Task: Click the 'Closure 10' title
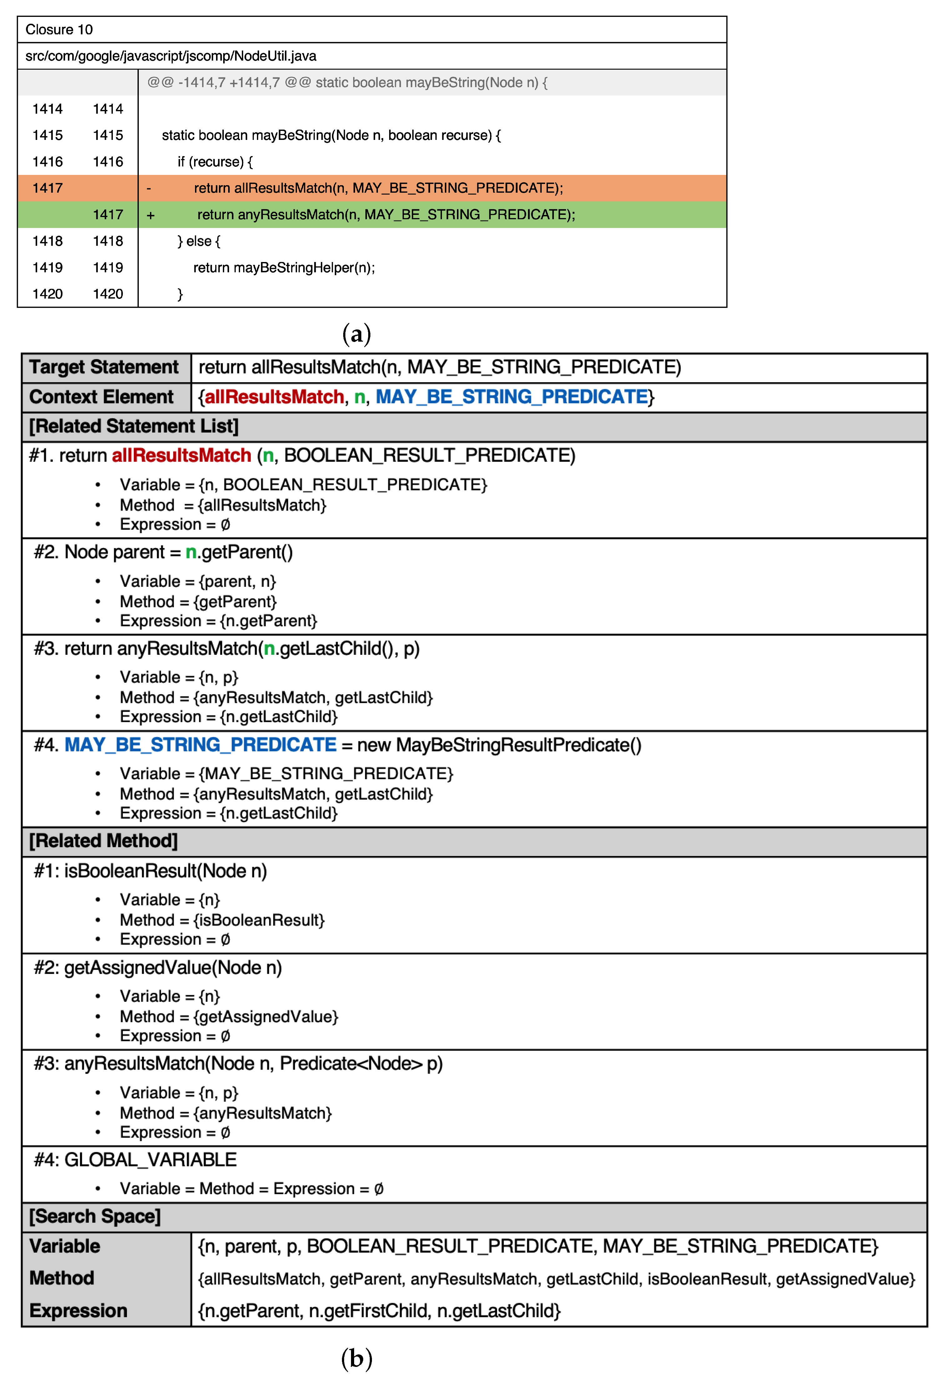pyautogui.click(x=59, y=30)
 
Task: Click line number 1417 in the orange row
pyautogui.click(x=48, y=188)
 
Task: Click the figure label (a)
pyautogui.click(x=357, y=334)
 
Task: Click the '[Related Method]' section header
pyautogui.click(x=103, y=841)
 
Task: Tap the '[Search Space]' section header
pyautogui.click(x=95, y=1216)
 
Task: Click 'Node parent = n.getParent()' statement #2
pyautogui.click(x=178, y=552)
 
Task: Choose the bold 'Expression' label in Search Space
pyautogui.click(x=78, y=1311)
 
